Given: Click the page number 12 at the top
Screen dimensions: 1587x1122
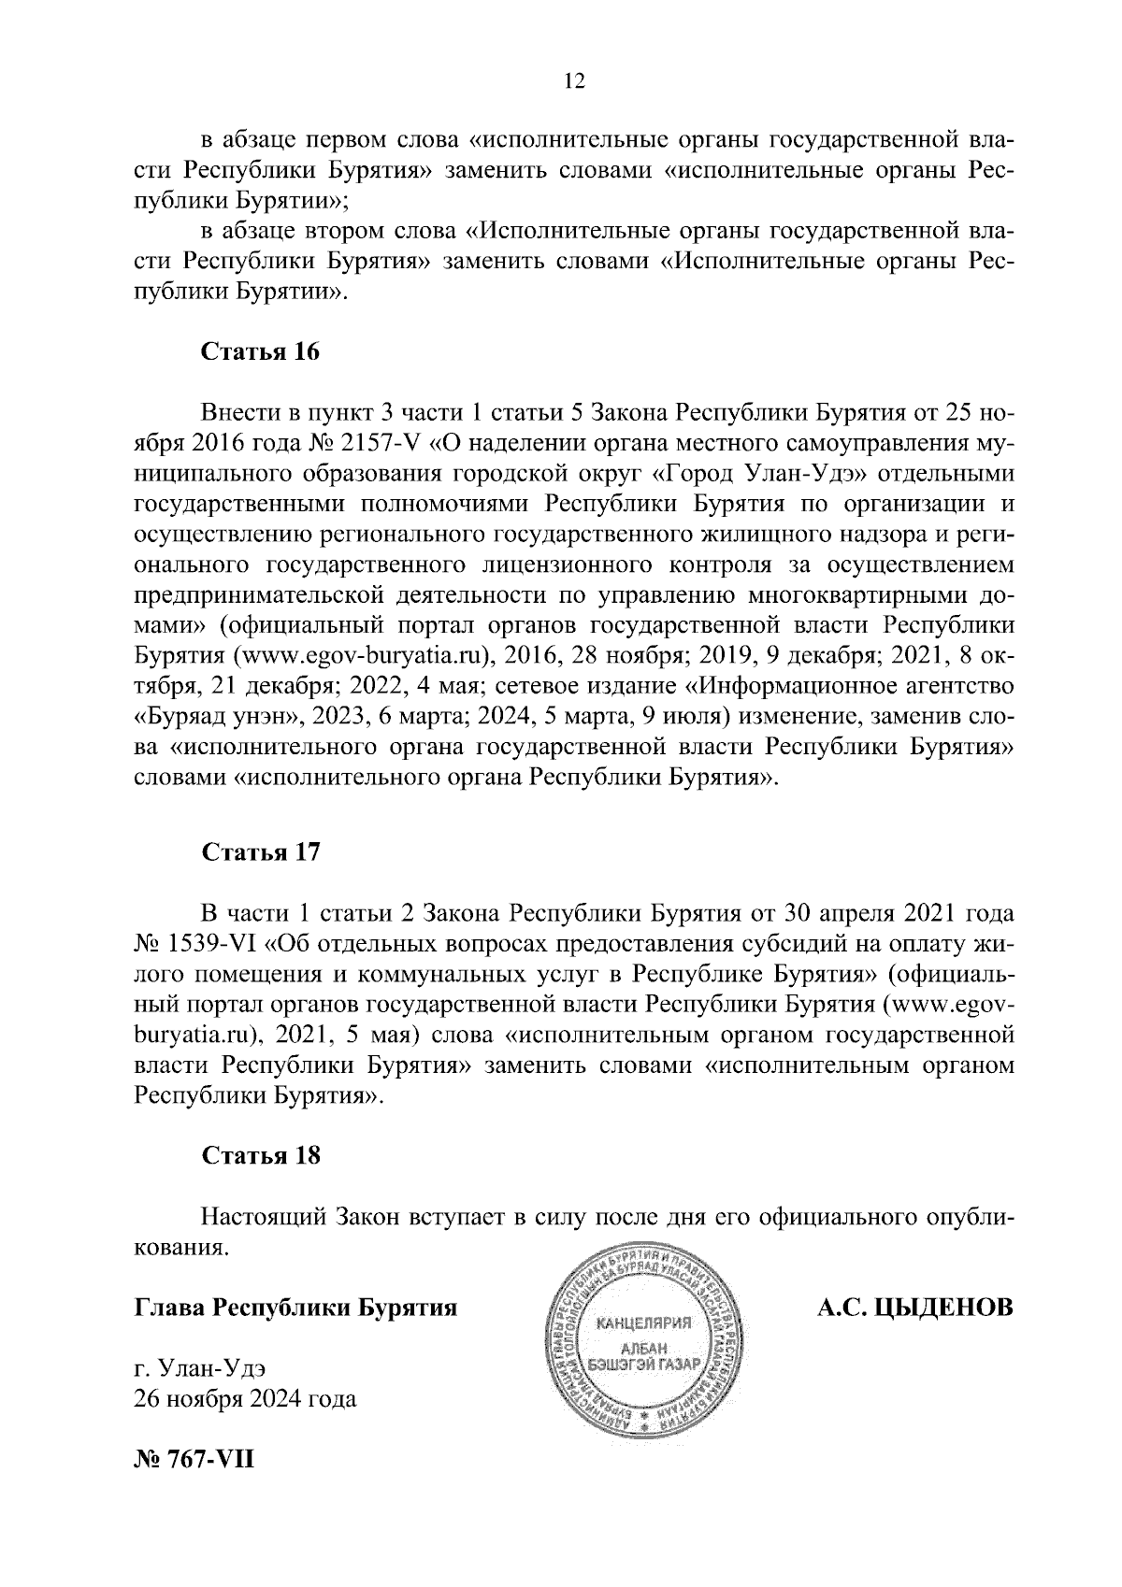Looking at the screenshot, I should [573, 82].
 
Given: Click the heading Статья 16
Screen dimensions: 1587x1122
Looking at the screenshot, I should [261, 352].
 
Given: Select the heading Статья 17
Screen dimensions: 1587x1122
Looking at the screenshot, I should [261, 852].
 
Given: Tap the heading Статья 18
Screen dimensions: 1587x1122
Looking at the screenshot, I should [261, 1155].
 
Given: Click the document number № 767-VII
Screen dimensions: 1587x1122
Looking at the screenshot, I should [194, 1459].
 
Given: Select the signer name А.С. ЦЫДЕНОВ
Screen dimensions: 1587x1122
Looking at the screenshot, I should [915, 1307].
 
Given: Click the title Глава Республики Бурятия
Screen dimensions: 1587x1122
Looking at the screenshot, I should [296, 1307].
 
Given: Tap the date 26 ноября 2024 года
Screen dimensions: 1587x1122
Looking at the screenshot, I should [246, 1400].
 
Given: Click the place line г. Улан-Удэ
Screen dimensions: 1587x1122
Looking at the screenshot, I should [201, 1369].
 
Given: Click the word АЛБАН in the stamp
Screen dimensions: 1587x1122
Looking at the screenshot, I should [643, 1347].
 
